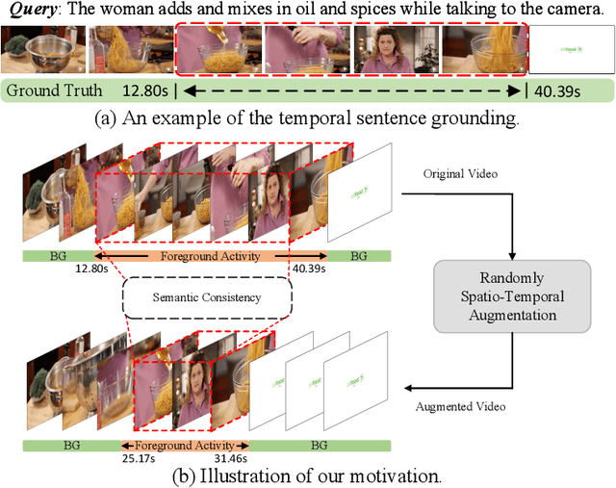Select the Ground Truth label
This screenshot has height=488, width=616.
coord(56,91)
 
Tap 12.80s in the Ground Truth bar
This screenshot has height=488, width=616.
coord(145,91)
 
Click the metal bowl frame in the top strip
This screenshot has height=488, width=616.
coord(41,50)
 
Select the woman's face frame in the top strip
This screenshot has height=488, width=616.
coord(397,50)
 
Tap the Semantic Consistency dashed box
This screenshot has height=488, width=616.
coord(207,297)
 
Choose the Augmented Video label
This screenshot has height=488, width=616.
coord(460,406)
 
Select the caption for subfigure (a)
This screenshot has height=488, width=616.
coord(308,120)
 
